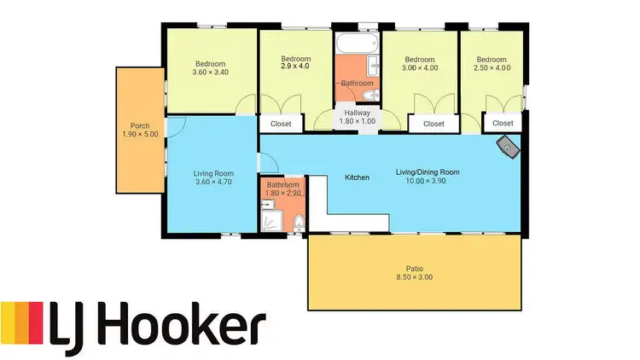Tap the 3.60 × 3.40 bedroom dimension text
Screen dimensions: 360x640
(210, 73)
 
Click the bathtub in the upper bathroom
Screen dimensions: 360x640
(357, 43)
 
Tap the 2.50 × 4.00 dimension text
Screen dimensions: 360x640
(492, 67)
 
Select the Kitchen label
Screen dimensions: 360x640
(357, 177)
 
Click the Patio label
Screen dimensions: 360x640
(414, 268)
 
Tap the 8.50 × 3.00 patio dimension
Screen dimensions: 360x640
(414, 277)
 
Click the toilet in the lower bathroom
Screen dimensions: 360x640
(296, 224)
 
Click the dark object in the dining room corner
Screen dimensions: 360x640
(509, 147)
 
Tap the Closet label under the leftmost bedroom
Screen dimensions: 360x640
(281, 125)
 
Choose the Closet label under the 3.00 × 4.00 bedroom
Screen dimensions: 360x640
(433, 125)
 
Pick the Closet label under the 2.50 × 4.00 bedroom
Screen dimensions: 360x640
(503, 125)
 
